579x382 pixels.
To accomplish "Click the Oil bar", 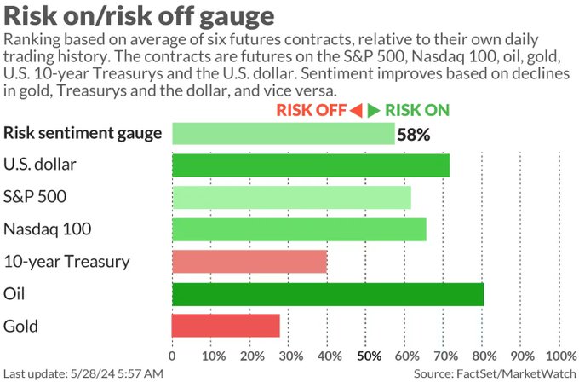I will (x=328, y=293).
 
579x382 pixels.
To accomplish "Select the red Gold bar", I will (x=226, y=326).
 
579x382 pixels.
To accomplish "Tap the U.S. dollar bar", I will (x=311, y=165).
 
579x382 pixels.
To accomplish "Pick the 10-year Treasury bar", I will (x=249, y=262).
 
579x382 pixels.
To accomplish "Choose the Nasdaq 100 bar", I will (x=299, y=229).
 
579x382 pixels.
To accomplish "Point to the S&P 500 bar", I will (x=291, y=197).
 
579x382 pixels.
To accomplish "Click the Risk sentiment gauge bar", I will (x=284, y=133).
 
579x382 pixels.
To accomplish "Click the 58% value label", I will (x=414, y=134).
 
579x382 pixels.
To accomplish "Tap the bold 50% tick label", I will (x=369, y=355).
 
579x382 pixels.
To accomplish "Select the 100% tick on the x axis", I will (x=559, y=355).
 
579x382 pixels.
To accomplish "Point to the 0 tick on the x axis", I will (x=173, y=355).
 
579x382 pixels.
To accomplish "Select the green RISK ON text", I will (x=417, y=110).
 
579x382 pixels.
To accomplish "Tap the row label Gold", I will (x=20, y=326).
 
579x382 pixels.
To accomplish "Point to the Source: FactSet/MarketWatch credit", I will (x=494, y=373).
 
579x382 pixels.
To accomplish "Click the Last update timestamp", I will (x=83, y=373).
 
